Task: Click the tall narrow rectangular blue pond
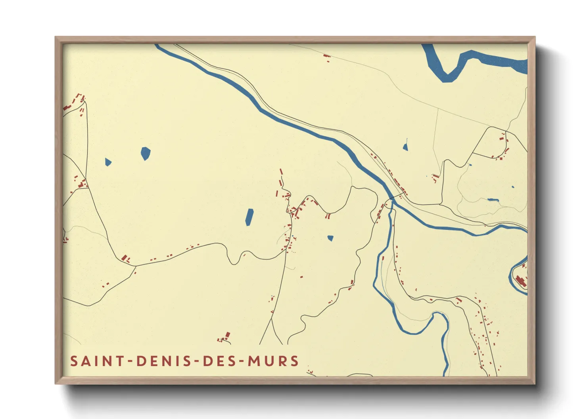point(249,217)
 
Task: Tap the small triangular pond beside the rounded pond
point(108,162)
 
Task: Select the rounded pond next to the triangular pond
point(146,153)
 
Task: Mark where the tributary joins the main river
point(393,203)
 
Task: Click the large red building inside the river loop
point(521,281)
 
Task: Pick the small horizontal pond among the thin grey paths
point(493,200)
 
